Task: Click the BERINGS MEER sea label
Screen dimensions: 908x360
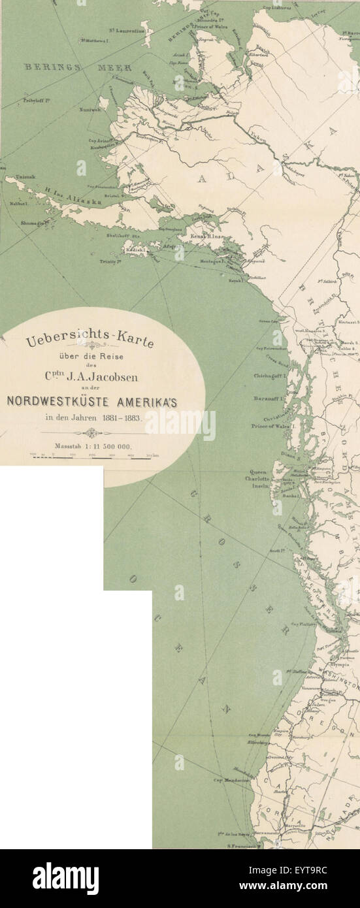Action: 79,68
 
